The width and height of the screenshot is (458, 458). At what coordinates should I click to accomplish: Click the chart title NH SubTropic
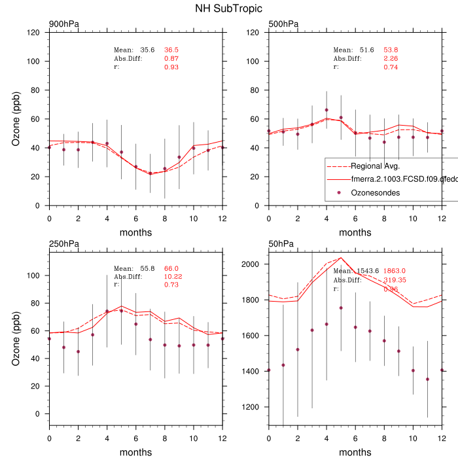pyautogui.click(x=229, y=9)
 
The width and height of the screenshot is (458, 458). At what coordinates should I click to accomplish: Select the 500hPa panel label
pyautogui.click(x=283, y=25)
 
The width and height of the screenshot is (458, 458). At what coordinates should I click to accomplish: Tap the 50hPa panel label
pyautogui.click(x=281, y=244)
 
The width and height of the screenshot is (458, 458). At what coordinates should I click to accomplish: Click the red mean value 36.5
pyautogui.click(x=171, y=50)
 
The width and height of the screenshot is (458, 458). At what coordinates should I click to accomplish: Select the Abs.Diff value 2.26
pyautogui.click(x=391, y=58)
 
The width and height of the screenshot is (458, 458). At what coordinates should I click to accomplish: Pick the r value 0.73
pyautogui.click(x=171, y=285)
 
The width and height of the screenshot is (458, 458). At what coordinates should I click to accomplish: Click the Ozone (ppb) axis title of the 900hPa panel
pyautogui.click(x=17, y=119)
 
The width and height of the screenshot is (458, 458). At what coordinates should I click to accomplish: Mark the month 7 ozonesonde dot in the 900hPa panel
pyautogui.click(x=150, y=173)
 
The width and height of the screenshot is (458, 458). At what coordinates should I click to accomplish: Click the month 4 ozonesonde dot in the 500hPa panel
pyautogui.click(x=326, y=110)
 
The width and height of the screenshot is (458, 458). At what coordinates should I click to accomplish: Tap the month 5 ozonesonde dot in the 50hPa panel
pyautogui.click(x=341, y=308)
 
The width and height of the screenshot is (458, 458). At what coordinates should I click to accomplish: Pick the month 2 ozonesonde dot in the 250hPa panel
pyautogui.click(x=78, y=352)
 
